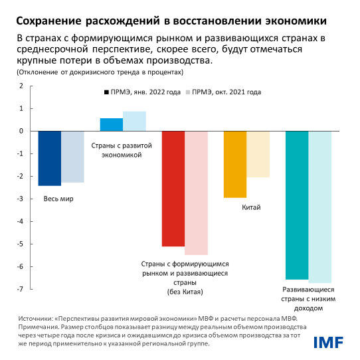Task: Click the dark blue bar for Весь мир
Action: [x=49, y=158]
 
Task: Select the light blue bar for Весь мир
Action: [x=72, y=157]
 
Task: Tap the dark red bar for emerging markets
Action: [x=173, y=189]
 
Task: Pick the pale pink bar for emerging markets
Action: [x=196, y=193]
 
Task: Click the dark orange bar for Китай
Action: [x=235, y=164]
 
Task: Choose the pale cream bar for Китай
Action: [x=258, y=154]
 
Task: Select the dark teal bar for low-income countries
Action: [x=297, y=205]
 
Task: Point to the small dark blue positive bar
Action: [x=111, y=124]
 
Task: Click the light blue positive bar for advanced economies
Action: [x=134, y=121]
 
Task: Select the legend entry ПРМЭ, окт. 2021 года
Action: [x=226, y=93]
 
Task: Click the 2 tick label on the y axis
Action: [x=21, y=86]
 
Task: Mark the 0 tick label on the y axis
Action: [x=21, y=132]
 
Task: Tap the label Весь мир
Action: [x=58, y=199]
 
